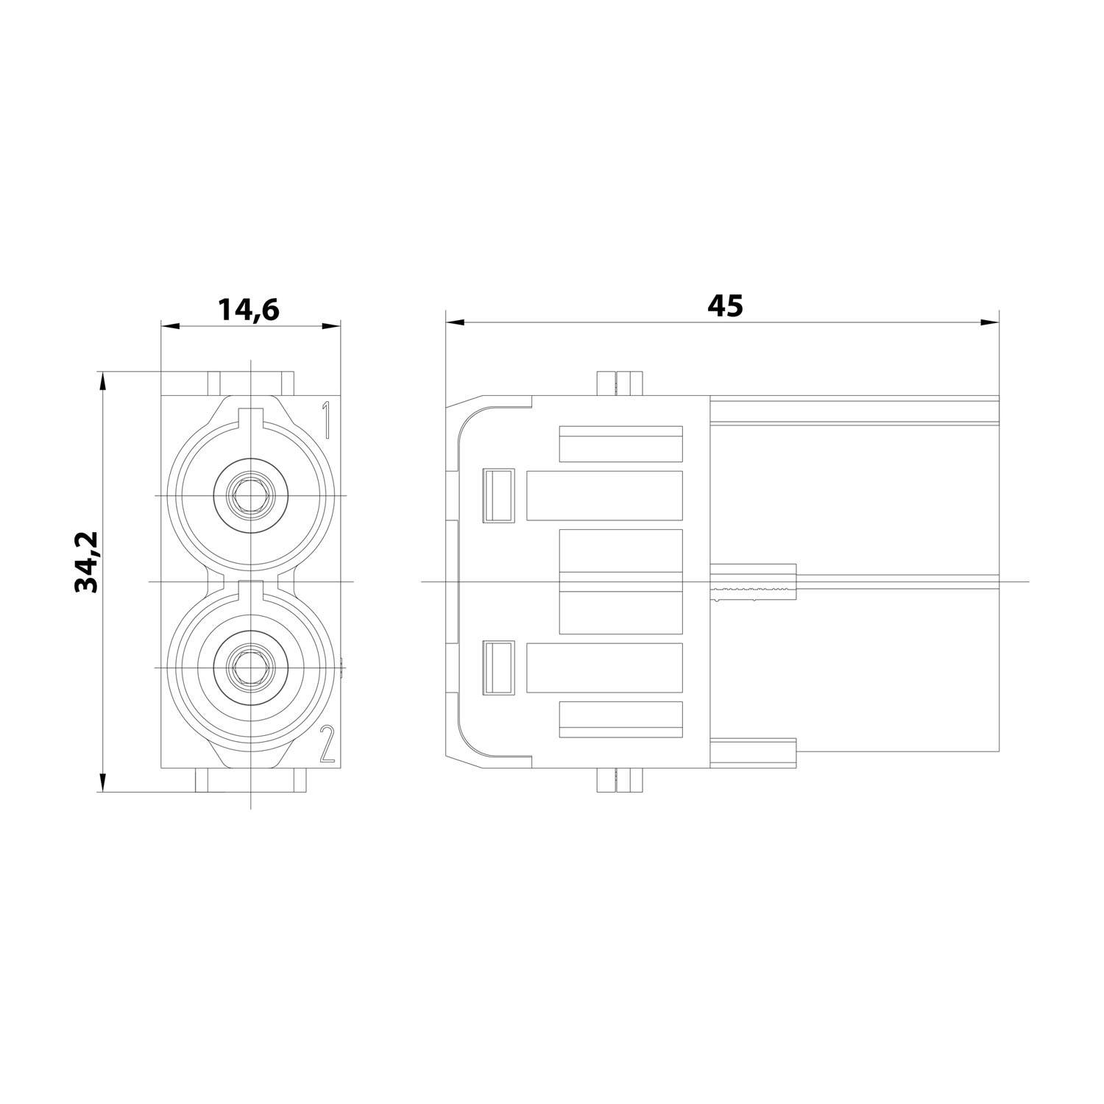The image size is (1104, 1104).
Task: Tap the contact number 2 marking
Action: coord(327,744)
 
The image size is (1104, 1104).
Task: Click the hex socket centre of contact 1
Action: coord(250,496)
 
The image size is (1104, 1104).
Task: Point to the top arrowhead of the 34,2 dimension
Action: coord(103,380)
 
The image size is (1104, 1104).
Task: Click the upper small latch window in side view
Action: coord(497,496)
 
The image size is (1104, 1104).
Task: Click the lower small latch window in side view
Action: coord(497,668)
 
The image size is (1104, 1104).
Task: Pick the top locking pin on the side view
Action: coord(618,383)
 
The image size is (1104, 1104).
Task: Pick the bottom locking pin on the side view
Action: coord(618,781)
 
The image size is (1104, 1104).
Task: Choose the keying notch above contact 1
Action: coord(251,417)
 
